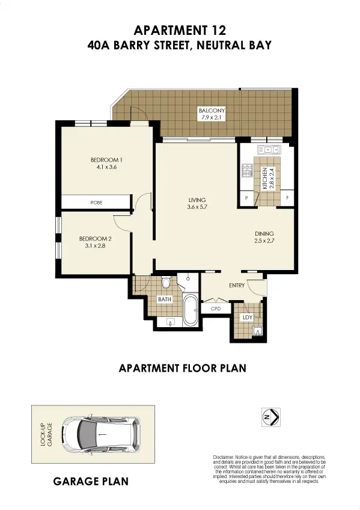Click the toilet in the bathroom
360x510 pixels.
[166, 281]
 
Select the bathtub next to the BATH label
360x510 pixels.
[191, 309]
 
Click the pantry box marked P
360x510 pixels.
[246, 198]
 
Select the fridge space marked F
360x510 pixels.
[287, 198]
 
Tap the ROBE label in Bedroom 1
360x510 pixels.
[96, 203]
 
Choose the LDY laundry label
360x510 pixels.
[246, 316]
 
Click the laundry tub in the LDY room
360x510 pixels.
[258, 330]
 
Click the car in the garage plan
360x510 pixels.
[103, 434]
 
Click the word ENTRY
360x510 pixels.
[237, 285]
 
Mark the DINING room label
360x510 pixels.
[264, 233]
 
